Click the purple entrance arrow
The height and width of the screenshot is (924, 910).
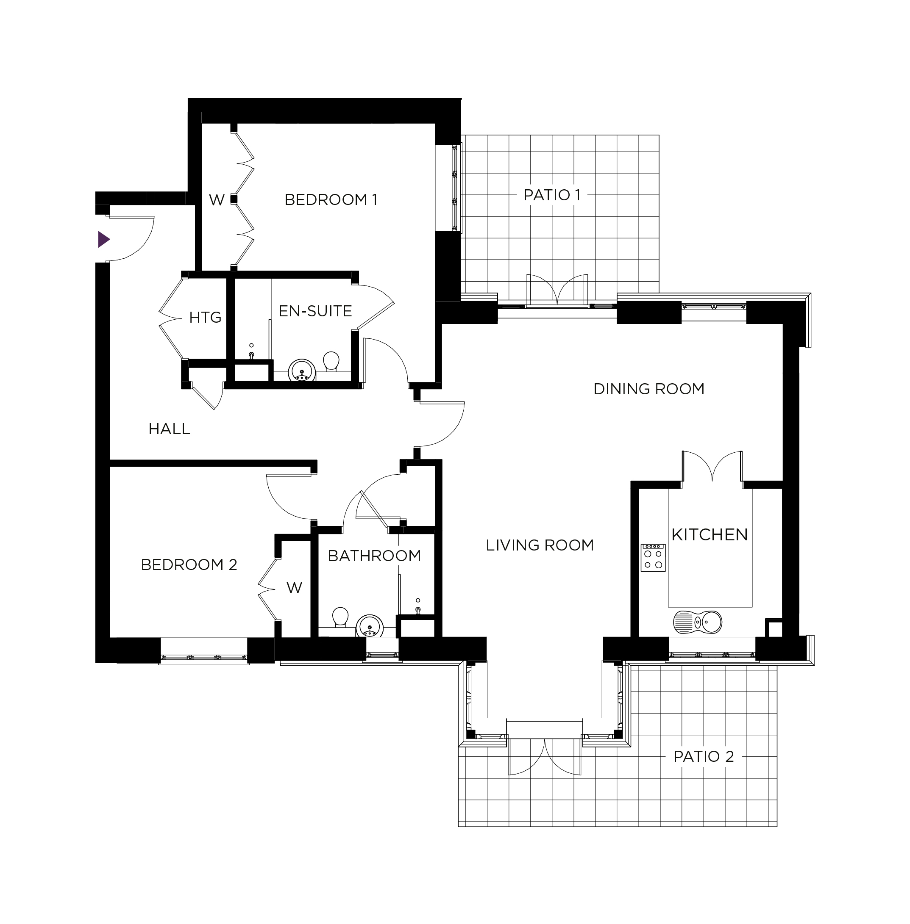pos(104,239)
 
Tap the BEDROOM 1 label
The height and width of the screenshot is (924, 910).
pos(331,199)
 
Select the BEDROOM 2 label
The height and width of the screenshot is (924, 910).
pos(189,565)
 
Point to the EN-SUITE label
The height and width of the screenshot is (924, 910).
pos(315,311)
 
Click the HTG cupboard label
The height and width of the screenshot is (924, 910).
pos(205,318)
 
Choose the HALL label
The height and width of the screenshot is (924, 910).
pos(169,429)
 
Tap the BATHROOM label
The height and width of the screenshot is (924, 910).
pos(374,556)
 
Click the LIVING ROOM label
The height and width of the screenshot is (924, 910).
pos(540,545)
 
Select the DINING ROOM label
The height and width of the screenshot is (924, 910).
pos(648,389)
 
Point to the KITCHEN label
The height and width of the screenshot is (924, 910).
pos(709,535)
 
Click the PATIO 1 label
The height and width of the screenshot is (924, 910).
pos(551,195)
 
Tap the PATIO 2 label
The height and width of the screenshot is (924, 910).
pos(703,756)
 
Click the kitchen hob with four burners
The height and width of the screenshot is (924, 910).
pos(653,557)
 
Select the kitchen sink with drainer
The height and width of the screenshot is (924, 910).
pos(697,622)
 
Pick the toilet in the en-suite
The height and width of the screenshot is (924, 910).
pos(331,362)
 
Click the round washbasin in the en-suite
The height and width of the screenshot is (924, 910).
pos(302,371)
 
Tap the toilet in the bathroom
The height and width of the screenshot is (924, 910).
pos(340,617)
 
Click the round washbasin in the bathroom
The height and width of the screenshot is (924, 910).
pos(369,626)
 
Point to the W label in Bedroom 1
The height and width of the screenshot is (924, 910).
pos(217,200)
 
